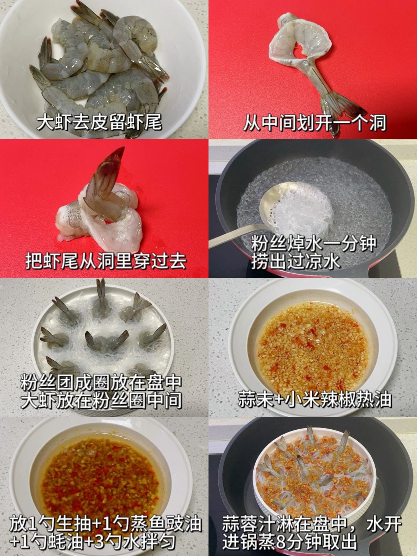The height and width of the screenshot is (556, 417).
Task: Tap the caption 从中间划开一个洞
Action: coord(315,123)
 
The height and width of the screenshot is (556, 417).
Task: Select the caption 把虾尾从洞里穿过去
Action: coord(105,261)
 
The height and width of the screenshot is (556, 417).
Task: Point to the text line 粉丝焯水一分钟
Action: coord(314,244)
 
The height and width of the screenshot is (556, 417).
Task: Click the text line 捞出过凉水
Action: coord(295,262)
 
